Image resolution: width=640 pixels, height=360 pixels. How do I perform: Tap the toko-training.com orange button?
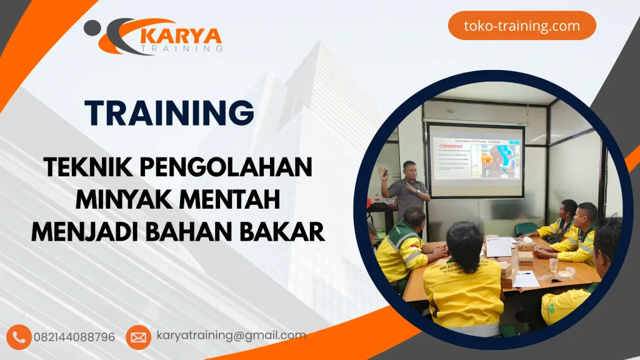click(x=522, y=26)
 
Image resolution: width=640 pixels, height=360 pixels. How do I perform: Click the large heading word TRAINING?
click(x=169, y=113)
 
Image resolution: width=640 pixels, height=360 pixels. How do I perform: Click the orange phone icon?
click(x=20, y=337)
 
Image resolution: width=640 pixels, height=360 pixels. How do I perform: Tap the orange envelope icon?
click(x=138, y=337)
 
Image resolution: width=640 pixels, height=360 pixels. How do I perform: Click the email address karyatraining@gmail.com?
click(x=231, y=336)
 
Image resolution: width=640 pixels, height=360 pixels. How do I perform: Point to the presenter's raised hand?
click(x=382, y=172)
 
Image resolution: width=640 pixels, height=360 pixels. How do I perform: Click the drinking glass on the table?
click(x=553, y=265)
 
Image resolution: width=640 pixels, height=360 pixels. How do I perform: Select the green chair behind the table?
click(x=526, y=229)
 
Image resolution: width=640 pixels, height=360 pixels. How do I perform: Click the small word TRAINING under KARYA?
click(x=181, y=47)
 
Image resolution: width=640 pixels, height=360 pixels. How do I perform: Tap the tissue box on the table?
click(x=526, y=245)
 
